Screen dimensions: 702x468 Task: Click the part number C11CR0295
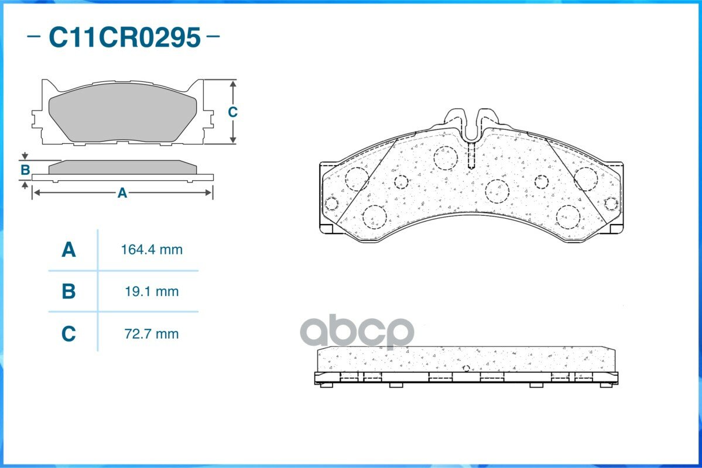[x=125, y=37]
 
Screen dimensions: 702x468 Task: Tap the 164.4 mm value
[x=152, y=249]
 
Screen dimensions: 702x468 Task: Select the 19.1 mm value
[x=152, y=291]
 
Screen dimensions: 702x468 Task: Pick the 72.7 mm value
[x=152, y=334]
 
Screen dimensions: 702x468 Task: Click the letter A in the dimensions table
[x=69, y=250]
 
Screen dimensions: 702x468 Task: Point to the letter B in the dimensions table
[x=69, y=291]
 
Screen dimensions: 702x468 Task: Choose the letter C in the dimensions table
[x=69, y=334]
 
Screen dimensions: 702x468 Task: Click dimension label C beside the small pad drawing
[x=232, y=112]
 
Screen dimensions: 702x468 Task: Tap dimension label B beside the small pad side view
[x=25, y=170]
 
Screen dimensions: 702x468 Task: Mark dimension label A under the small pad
[x=122, y=193]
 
